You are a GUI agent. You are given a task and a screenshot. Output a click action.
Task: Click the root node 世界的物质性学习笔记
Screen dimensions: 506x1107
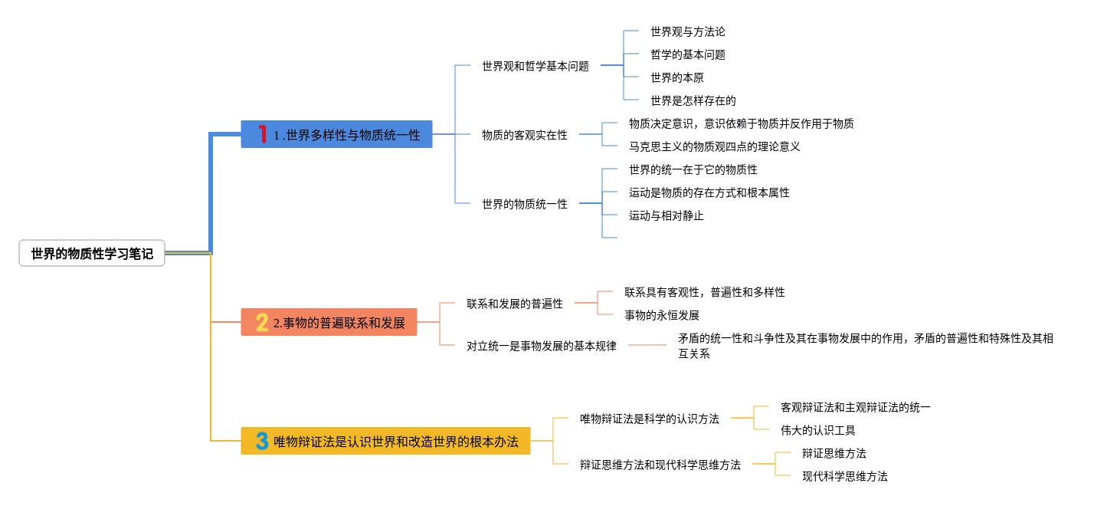point(92,254)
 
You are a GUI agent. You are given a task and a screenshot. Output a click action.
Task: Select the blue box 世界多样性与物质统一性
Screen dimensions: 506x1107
point(336,134)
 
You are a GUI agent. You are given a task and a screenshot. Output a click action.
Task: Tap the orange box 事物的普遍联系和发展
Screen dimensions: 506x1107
point(329,322)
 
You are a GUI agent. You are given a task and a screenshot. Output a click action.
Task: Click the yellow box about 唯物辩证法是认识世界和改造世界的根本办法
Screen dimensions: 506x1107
point(385,441)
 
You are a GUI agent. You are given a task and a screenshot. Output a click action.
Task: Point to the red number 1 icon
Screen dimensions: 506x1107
point(262,134)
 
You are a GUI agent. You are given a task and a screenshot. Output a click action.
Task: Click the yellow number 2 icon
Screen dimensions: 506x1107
point(262,322)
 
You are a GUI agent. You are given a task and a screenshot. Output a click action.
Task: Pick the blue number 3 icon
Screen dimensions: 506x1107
point(262,441)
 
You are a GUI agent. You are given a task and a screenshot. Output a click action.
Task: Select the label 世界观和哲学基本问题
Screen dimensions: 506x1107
point(535,66)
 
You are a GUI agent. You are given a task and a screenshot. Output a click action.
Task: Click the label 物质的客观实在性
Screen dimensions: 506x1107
point(525,135)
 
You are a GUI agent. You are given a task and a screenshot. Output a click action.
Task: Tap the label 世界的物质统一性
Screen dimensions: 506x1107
point(525,204)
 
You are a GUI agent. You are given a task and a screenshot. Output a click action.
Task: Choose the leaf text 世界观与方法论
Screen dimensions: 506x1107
point(688,31)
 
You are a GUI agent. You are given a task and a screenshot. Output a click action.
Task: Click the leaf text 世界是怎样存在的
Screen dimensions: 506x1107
point(693,100)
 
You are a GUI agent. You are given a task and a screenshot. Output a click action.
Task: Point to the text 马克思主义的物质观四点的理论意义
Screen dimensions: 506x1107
point(714,146)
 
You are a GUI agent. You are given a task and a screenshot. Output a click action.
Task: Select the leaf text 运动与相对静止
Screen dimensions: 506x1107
point(666,215)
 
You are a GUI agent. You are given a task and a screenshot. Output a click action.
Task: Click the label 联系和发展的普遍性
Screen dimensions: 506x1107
point(515,304)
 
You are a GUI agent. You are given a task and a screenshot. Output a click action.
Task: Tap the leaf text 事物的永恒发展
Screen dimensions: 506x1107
point(662,315)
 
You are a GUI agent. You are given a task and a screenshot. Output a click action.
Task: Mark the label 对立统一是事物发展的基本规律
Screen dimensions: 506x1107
point(542,346)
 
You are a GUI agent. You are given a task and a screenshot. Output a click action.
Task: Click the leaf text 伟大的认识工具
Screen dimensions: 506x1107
point(818,430)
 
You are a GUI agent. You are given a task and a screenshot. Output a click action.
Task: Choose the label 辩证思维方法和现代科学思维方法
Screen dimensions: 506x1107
point(660,465)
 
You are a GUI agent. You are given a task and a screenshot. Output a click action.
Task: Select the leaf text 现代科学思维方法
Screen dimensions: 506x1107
point(845,476)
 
